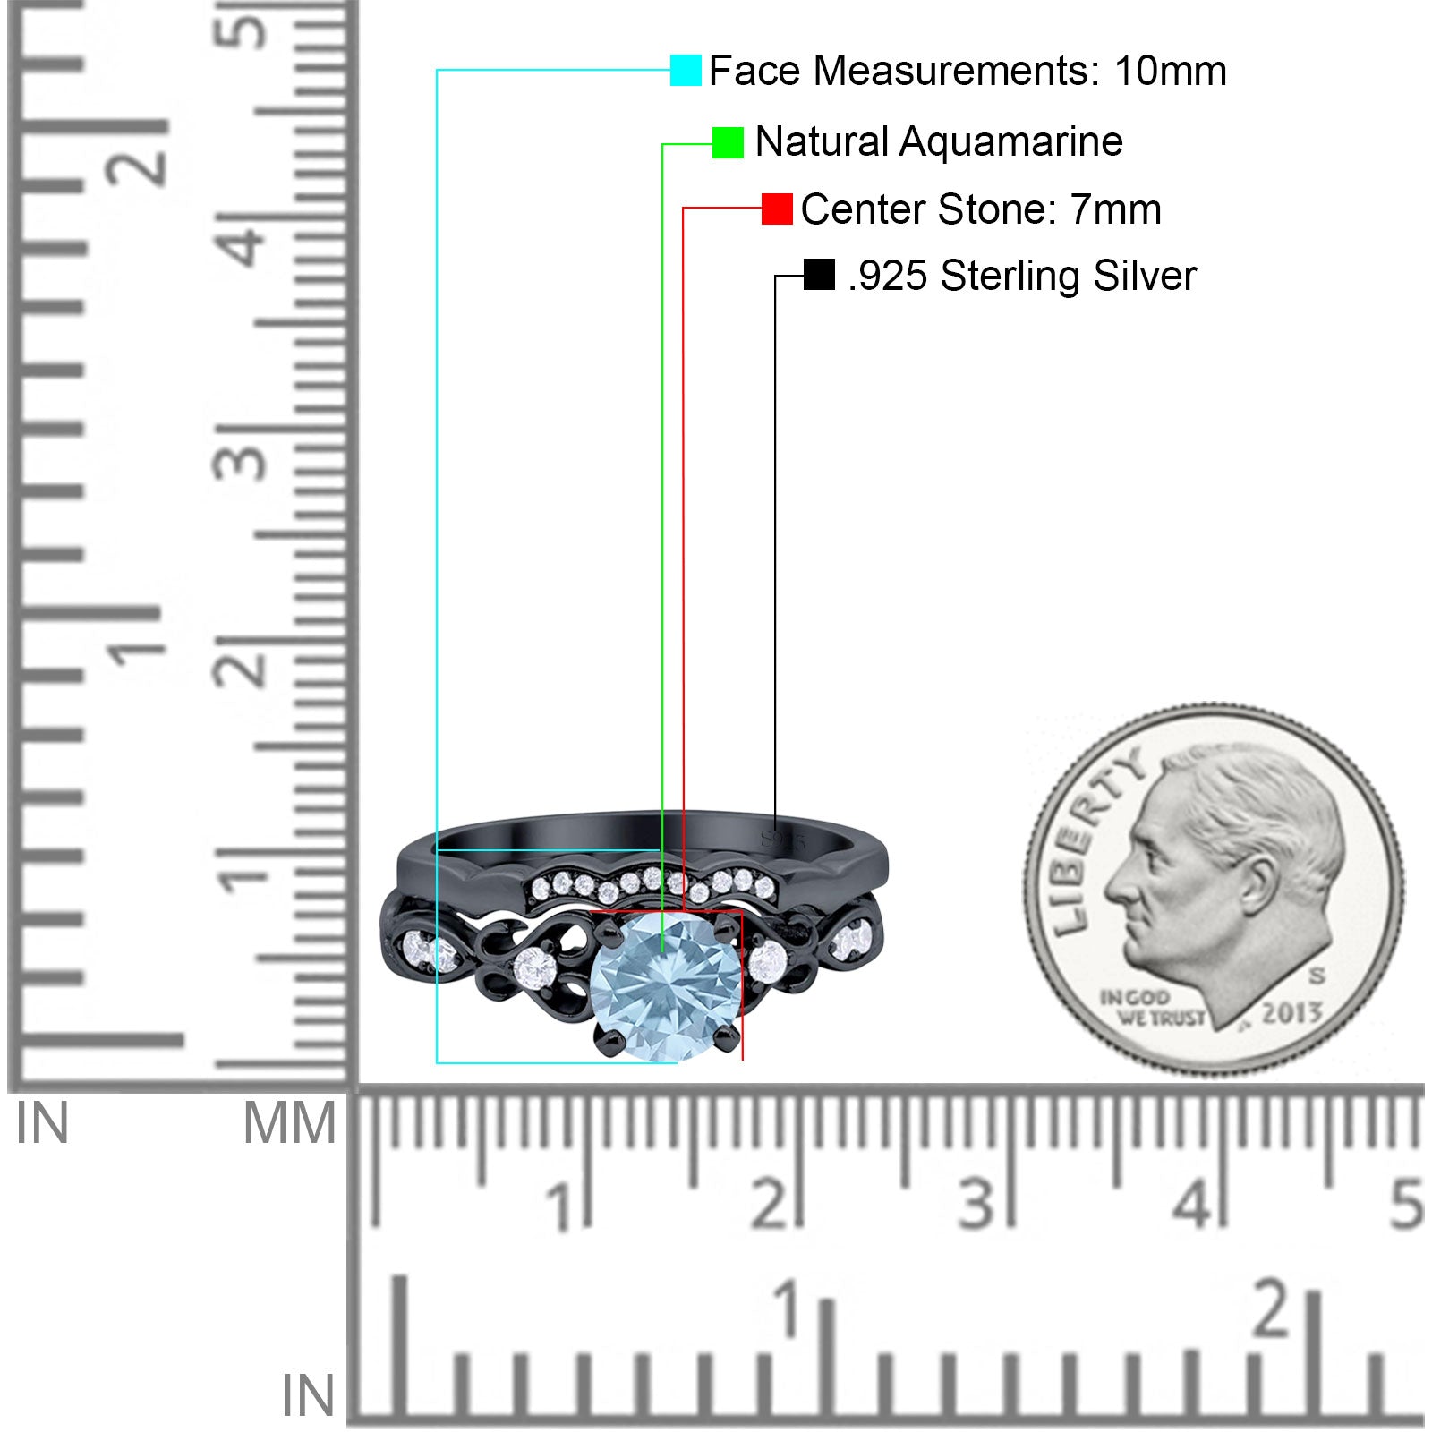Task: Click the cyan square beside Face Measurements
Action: (x=686, y=70)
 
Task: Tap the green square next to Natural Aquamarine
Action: (x=728, y=142)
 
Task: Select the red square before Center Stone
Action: (x=777, y=209)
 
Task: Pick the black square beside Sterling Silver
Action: (x=819, y=275)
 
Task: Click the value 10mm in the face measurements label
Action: (x=1170, y=71)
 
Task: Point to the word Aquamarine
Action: (x=1010, y=141)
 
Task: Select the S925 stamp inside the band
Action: (x=783, y=840)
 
